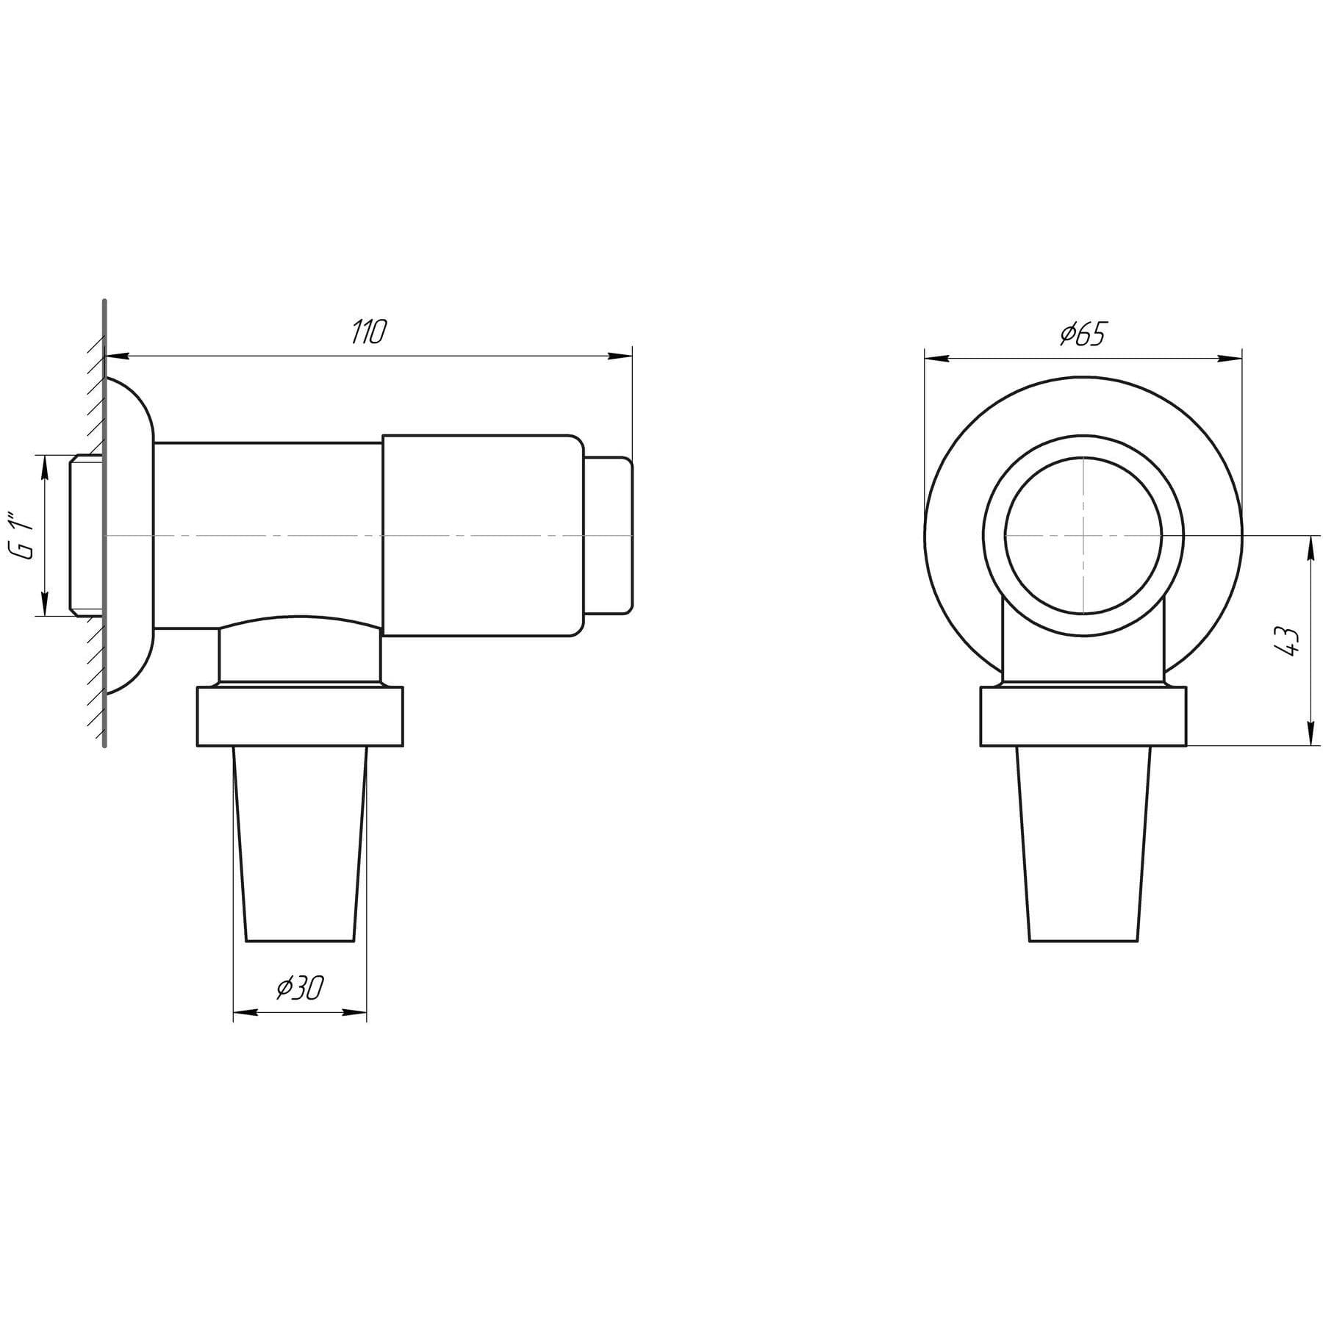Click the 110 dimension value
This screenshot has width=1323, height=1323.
click(367, 333)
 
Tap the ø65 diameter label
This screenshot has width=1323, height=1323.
click(1082, 334)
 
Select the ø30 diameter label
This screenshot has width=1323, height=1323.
click(299, 989)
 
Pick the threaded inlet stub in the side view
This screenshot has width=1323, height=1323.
click(87, 535)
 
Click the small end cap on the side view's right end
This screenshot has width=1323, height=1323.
click(609, 535)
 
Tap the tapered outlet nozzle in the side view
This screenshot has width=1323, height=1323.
click(299, 844)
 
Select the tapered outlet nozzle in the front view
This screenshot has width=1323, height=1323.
click(1083, 844)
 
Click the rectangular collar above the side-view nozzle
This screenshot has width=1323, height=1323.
click(300, 717)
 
